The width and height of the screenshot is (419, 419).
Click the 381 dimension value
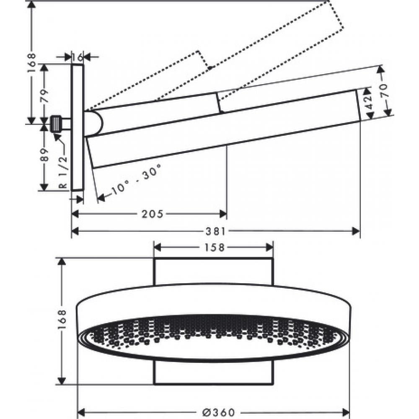click(x=216, y=231)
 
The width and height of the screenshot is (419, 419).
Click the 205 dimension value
click(x=152, y=214)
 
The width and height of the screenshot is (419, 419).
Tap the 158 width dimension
click(x=215, y=247)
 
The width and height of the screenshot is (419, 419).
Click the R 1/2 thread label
click(x=63, y=169)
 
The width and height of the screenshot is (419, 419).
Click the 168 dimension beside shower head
click(x=62, y=321)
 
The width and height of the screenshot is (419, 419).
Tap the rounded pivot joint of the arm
click(x=95, y=123)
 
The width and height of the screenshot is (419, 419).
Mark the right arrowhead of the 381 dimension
click(x=357, y=231)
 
